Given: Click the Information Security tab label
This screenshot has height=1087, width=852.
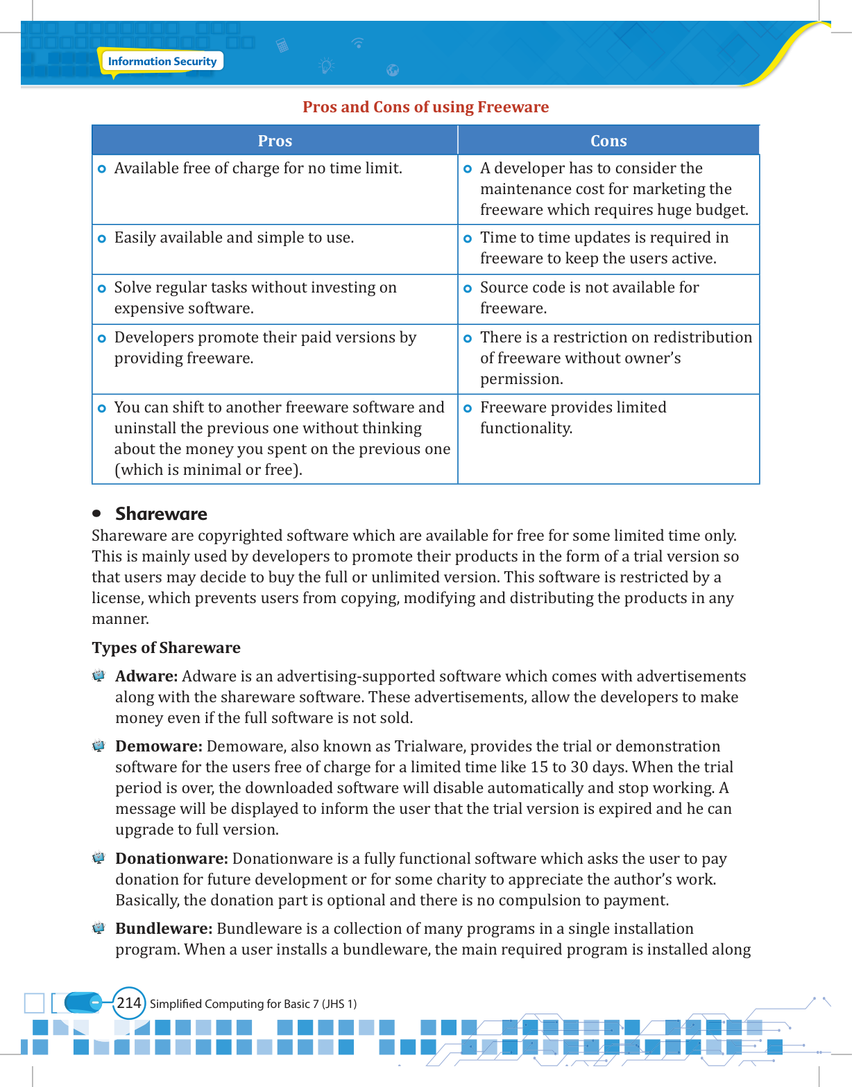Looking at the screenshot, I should [162, 62].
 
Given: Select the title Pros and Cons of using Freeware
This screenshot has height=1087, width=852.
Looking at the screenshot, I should [425, 107].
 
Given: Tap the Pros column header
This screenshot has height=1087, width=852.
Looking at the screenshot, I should [275, 141].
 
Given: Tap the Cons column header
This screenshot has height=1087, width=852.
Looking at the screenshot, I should [608, 141].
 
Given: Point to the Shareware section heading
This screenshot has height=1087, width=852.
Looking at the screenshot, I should [161, 514].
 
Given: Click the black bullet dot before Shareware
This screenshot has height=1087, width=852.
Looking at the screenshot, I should [97, 514].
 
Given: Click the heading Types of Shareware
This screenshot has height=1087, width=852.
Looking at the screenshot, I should [167, 647].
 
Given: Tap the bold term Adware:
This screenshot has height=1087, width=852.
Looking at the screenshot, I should [146, 677].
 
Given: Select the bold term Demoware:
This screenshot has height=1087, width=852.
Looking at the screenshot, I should [159, 747].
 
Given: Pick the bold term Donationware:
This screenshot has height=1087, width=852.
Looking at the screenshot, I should [171, 859].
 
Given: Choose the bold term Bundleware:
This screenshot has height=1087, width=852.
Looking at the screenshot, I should [164, 929].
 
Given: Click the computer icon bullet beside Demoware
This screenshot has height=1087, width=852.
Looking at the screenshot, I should [99, 747].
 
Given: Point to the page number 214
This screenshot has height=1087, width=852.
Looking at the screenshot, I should [129, 1003].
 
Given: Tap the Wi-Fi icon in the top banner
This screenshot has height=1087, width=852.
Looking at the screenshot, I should [358, 43].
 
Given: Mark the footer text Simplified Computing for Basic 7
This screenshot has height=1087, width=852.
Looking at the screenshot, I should [253, 1004].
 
